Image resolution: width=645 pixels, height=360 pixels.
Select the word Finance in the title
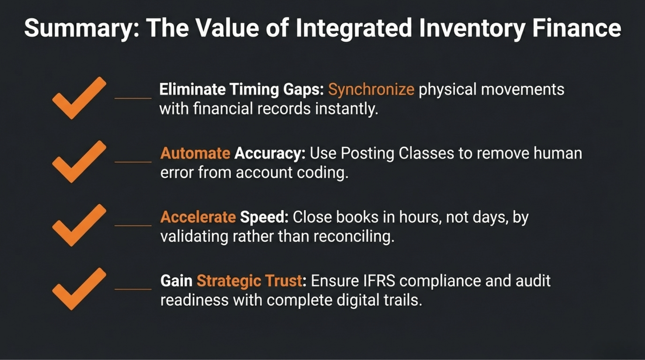[x=576, y=28]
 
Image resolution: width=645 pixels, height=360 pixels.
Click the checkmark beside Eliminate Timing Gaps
[x=79, y=98]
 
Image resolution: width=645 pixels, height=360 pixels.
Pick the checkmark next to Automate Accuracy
[x=79, y=162]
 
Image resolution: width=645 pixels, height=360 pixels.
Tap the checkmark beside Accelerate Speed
[x=79, y=225]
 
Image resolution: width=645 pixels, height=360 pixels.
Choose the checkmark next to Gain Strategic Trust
[x=79, y=289]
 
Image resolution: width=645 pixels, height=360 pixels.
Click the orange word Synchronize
[x=371, y=90]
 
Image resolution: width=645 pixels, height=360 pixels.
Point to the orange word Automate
[x=195, y=153]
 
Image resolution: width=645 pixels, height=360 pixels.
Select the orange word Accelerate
[x=198, y=217]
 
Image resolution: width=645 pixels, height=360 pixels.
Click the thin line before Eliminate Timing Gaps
[x=133, y=98]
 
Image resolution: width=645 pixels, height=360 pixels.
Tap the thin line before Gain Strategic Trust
[x=133, y=289]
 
